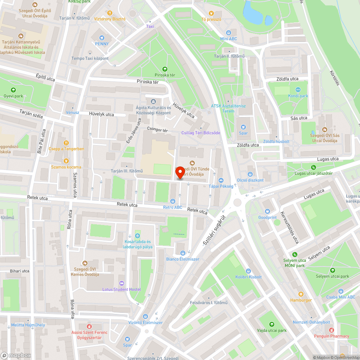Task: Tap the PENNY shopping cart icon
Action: (x=102, y=37)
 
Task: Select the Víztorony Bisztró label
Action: (x=109, y=19)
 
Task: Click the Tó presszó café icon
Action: (x=211, y=13)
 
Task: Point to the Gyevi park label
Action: (x=13, y=96)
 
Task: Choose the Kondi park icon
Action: (x=298, y=90)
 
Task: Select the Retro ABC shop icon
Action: (x=173, y=201)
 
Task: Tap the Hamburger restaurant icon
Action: (x=301, y=294)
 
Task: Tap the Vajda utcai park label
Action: (x=271, y=330)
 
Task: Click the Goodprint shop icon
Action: (x=267, y=211)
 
